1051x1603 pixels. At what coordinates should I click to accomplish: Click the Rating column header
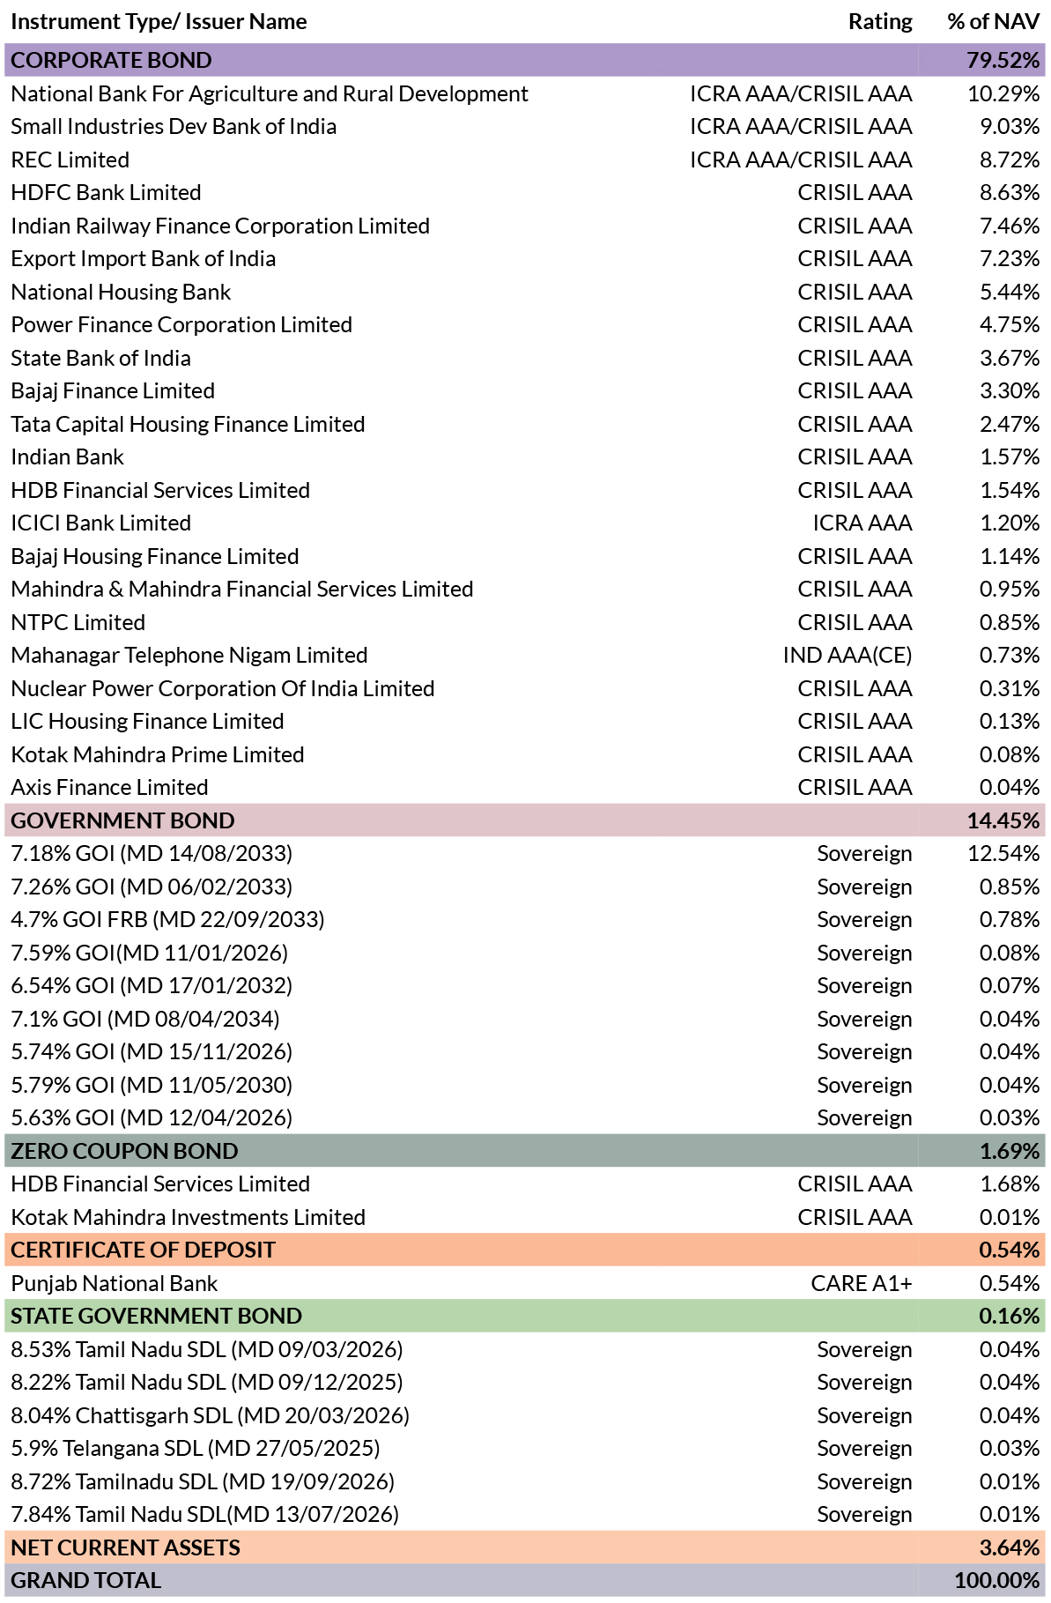880,22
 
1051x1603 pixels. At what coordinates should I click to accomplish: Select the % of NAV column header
994,22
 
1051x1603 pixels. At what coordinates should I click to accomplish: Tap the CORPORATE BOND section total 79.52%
1003,60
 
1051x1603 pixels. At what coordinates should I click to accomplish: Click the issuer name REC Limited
70,160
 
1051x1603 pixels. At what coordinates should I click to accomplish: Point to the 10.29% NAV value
1003,93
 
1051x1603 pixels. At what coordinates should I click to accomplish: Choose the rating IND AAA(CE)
847,656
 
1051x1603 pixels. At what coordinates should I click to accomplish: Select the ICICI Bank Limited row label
101,523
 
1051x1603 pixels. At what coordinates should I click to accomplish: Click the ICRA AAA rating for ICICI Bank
862,523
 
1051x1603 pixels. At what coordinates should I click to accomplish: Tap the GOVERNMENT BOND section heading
123,820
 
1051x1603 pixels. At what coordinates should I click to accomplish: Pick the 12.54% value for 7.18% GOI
1003,854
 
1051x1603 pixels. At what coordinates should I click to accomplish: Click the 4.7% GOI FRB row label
168,920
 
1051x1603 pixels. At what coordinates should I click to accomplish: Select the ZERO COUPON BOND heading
125,1151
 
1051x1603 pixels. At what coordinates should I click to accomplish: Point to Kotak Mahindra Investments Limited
189,1217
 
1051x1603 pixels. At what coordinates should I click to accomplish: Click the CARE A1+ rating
862,1283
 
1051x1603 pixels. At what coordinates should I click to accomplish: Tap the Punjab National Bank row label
115,1283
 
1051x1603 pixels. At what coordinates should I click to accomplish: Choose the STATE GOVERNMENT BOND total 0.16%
1010,1316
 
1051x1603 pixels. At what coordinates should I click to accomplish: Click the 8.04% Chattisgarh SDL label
211,1415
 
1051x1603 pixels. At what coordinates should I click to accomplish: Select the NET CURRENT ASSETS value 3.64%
1010,1547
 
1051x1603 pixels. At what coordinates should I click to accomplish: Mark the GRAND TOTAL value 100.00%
997,1580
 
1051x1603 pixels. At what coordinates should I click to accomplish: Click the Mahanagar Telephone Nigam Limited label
189,656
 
